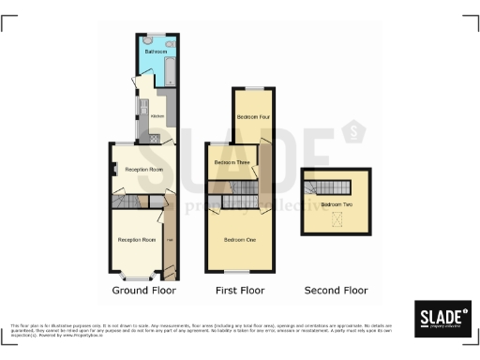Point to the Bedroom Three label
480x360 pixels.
point(230,163)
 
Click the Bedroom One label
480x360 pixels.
point(240,240)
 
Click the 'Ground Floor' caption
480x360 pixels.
point(144,291)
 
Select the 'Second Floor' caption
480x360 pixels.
point(337,291)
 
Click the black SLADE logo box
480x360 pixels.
point(442,318)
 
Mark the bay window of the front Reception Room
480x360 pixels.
point(137,277)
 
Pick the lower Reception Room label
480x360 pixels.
point(136,240)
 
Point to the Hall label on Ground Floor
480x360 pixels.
point(169,240)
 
